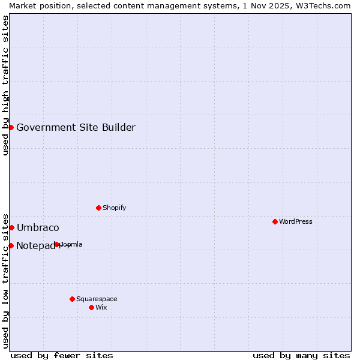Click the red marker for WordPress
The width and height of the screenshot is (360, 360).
[275, 221]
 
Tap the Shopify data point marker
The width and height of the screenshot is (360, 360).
[98, 208]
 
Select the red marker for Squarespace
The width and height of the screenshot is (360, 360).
[72, 299]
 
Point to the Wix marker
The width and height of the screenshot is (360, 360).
[91, 307]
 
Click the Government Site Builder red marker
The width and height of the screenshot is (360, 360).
[11, 127]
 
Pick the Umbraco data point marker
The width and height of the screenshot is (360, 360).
[11, 227]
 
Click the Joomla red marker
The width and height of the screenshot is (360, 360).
[57, 244]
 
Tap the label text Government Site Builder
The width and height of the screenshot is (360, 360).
[76, 127]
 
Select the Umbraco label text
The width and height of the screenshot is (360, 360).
[38, 227]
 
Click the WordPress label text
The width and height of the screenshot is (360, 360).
[296, 221]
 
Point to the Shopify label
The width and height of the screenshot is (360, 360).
[114, 208]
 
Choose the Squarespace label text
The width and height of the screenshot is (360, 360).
[97, 299]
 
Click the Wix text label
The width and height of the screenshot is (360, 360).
[101, 307]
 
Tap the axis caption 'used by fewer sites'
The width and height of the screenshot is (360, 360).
[62, 355]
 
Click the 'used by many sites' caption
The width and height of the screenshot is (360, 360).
[301, 355]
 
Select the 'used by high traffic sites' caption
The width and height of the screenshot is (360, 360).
[5, 85]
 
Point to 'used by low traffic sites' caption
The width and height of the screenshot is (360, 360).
[5, 280]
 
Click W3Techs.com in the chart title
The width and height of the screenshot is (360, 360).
[326, 5]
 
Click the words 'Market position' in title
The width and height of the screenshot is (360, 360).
[35, 5]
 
